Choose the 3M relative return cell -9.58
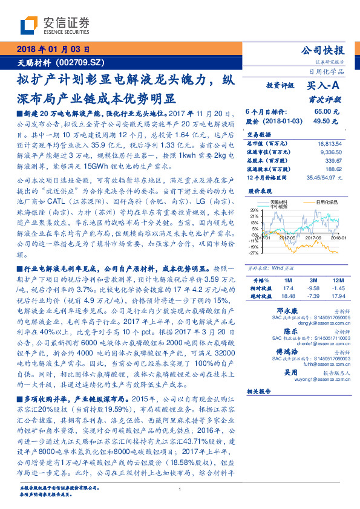point(313,289)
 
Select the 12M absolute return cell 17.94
point(337,296)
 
